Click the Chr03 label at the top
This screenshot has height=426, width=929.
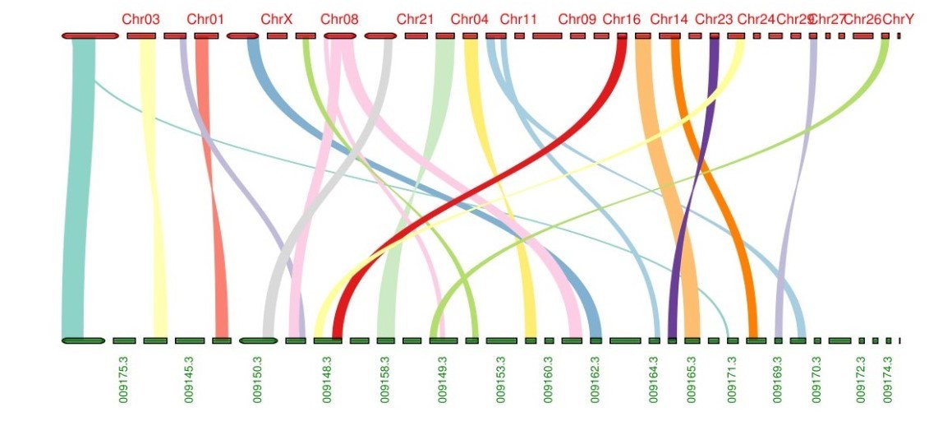[140, 18]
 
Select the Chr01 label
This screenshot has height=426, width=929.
[205, 18]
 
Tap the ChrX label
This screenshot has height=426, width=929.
[276, 18]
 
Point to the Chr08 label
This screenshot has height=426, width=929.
[339, 18]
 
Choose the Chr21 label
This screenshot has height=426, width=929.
[415, 18]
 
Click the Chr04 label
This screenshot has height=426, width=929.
[470, 18]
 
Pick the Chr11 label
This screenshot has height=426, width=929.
[518, 18]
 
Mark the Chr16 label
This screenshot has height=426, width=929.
[621, 18]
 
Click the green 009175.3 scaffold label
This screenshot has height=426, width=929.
[123, 379]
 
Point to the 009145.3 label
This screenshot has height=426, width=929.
[189, 379]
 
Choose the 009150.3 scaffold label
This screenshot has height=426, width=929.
[257, 379]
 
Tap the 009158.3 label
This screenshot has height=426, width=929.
[384, 379]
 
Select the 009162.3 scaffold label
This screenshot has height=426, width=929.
[595, 379]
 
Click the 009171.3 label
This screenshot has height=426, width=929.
[732, 379]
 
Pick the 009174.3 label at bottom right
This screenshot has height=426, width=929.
[887, 379]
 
